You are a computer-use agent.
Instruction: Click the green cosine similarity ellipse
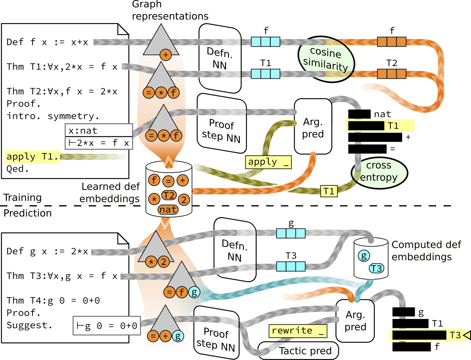tap(325, 59)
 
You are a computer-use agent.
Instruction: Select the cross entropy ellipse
tap(379, 172)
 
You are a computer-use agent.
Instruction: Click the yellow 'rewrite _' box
tap(298, 331)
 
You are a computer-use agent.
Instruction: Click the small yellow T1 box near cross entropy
tap(329, 191)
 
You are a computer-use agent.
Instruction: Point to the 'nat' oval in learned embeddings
tap(168, 209)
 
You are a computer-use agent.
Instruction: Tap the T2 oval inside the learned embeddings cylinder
tap(168, 194)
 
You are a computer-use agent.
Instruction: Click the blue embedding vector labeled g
tap(291, 234)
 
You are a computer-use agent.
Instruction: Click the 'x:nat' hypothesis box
tap(99, 130)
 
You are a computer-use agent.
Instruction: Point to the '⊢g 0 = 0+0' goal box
tap(106, 326)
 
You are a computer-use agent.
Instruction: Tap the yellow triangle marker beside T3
tap(466, 335)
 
